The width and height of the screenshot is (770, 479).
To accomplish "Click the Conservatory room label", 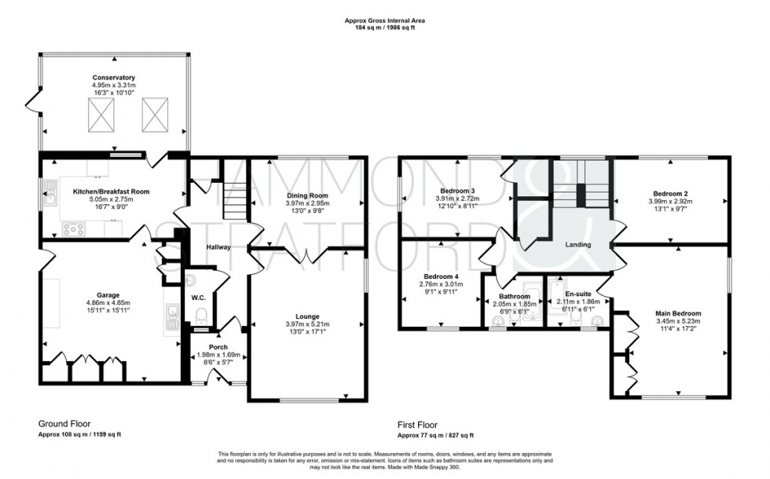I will pos(112,78).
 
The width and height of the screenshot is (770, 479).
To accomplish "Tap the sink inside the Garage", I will pos(172,316).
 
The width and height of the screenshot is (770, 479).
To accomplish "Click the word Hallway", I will pos(218,247).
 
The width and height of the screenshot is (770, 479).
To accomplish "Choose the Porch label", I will pos(217,346).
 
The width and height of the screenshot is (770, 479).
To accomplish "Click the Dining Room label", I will pos(306,195).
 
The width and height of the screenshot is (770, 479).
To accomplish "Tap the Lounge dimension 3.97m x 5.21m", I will pos(306,324).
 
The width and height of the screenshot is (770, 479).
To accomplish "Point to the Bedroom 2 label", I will pos(670,193).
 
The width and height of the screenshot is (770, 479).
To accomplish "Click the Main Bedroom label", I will pos(678,313).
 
